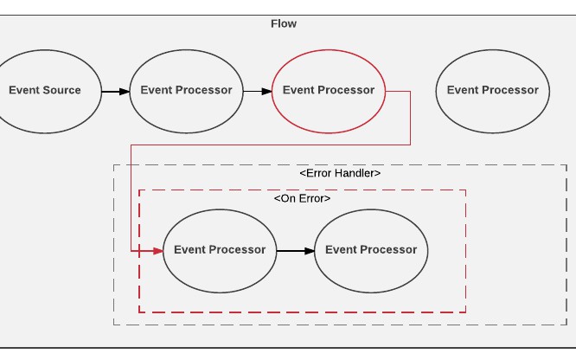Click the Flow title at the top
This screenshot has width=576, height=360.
click(284, 23)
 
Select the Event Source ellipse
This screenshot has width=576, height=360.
click(45, 90)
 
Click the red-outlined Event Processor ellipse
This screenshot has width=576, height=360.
click(329, 90)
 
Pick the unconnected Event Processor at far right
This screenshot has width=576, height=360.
click(492, 90)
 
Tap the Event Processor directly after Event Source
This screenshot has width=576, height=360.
click(186, 90)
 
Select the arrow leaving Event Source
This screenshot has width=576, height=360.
click(114, 90)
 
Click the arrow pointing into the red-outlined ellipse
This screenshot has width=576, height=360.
click(257, 90)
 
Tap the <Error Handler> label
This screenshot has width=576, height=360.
click(340, 173)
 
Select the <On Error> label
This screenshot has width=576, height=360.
click(302, 198)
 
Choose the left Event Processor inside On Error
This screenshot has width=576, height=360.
click(220, 250)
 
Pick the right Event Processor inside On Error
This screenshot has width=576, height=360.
click(371, 250)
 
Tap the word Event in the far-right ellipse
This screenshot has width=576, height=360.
click(462, 90)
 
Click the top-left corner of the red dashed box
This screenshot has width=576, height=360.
click(139, 190)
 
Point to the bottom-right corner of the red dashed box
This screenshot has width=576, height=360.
click(465, 312)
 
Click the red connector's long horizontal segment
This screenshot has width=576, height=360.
click(270, 145)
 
